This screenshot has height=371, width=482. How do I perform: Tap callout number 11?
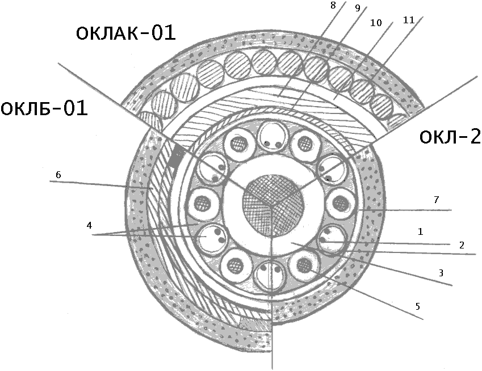click(408, 19)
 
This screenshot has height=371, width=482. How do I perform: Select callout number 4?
click(89, 225)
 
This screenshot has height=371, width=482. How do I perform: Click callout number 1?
click(420, 231)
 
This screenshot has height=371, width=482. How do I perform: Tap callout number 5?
click(417, 306)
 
